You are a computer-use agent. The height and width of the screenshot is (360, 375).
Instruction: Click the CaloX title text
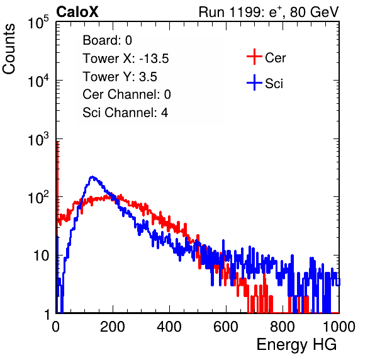pyautogui.click(x=77, y=12)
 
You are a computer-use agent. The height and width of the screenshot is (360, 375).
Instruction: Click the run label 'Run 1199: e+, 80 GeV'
pyautogui.click(x=269, y=12)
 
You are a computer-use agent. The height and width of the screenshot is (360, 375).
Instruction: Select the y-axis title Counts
pyautogui.click(x=9, y=49)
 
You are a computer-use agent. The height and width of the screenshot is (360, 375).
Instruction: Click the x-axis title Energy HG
pyautogui.click(x=296, y=345)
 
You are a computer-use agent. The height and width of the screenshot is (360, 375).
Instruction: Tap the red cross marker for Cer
pyautogui.click(x=254, y=57)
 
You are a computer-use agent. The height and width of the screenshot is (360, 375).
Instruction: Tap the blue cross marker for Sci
pyautogui.click(x=254, y=82)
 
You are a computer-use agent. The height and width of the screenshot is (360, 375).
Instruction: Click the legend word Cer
pyautogui.click(x=275, y=58)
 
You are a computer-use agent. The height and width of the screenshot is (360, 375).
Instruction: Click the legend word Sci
pyautogui.click(x=274, y=84)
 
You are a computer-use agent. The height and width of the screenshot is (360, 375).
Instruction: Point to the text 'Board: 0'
pyautogui.click(x=107, y=40)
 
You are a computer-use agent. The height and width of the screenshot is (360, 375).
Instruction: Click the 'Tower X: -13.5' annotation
pyautogui.click(x=126, y=59)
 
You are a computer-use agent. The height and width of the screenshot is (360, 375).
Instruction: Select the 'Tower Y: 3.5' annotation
pyautogui.click(x=120, y=77)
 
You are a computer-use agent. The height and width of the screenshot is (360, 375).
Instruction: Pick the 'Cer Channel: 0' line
pyautogui.click(x=126, y=94)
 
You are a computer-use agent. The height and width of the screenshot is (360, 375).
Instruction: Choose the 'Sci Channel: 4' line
pyautogui.click(x=125, y=112)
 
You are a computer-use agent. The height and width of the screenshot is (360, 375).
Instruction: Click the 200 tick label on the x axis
pyautogui.click(x=113, y=327)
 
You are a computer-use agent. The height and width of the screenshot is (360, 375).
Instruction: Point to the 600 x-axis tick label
pyautogui.click(x=226, y=327)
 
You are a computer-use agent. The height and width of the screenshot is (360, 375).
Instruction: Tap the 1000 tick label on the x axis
pyautogui.click(x=339, y=327)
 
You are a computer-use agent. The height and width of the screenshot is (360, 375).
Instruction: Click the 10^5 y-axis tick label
pyautogui.click(x=38, y=23)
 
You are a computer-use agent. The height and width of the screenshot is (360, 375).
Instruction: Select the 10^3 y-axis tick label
pyautogui.click(x=38, y=139)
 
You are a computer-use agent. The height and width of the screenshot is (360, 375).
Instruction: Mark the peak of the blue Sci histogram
pyautogui.click(x=92, y=177)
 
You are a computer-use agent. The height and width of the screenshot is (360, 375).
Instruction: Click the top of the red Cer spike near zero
pyautogui.click(x=58, y=142)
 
